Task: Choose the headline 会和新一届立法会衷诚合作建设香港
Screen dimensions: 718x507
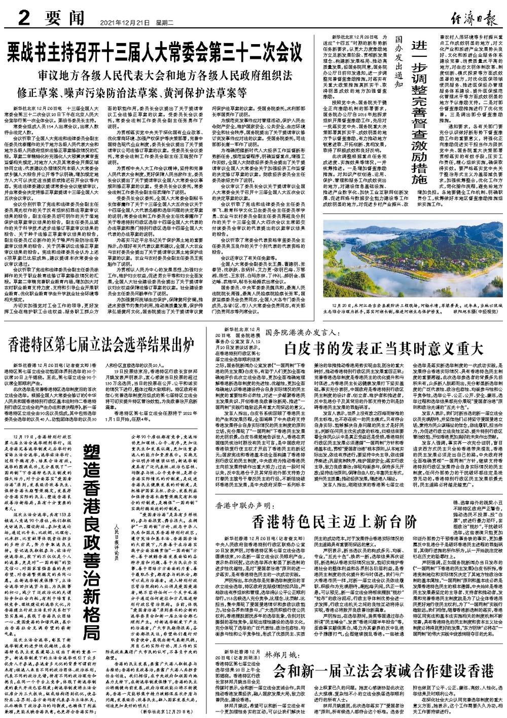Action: (383, 671)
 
